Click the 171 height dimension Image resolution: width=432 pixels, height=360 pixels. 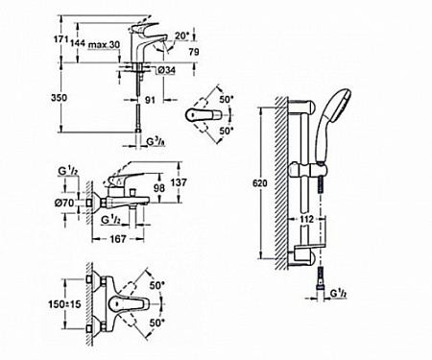pyautogui.click(x=60, y=40)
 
